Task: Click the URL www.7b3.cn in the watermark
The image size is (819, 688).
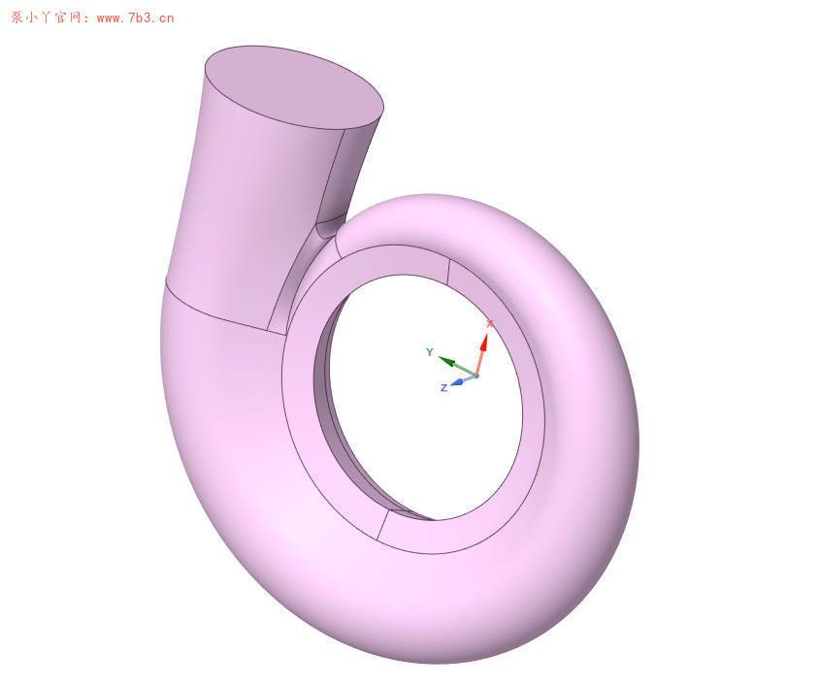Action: click(135, 17)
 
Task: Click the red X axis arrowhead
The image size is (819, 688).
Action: click(484, 341)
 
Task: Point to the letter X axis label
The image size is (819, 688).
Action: click(490, 323)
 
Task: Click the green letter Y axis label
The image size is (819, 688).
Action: click(429, 352)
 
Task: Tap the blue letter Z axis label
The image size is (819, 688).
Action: click(443, 388)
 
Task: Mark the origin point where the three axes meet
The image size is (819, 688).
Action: click(475, 375)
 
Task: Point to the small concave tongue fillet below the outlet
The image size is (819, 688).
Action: click(327, 228)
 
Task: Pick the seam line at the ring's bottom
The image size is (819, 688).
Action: click(381, 525)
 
